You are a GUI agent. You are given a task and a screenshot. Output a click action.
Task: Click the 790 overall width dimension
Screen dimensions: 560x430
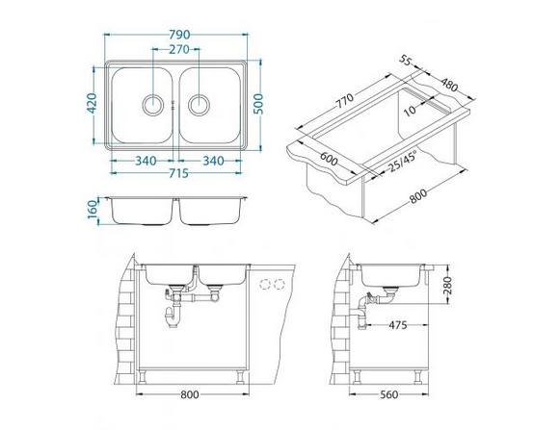[179, 35]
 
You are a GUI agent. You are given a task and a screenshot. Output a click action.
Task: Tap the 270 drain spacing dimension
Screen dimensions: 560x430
[179, 49]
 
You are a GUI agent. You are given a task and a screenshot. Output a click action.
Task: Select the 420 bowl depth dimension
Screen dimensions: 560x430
[92, 103]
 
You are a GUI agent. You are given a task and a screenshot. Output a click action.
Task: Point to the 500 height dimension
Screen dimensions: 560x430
[258, 104]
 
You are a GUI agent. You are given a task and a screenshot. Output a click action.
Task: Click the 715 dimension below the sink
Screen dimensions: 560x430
[178, 173]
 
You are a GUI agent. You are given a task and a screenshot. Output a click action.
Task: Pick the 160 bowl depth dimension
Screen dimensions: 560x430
[93, 210]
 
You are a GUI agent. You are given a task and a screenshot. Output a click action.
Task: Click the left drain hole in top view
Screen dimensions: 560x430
[153, 105]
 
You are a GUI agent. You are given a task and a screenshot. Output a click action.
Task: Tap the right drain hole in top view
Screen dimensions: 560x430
[199, 105]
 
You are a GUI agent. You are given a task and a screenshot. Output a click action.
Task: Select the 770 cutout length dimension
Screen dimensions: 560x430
[345, 101]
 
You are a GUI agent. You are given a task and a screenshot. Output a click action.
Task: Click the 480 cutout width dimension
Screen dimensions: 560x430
[449, 86]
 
